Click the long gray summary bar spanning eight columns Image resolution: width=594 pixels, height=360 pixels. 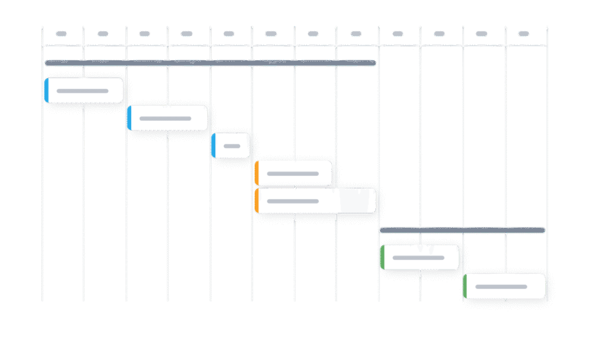210,63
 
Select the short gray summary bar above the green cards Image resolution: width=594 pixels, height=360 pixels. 462,230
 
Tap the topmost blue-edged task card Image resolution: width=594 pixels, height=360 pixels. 84,90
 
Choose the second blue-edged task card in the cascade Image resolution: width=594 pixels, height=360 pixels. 168,118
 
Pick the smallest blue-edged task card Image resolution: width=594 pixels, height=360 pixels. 231,146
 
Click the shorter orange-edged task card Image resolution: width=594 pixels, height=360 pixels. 294,173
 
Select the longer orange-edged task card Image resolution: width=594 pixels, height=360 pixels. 316,201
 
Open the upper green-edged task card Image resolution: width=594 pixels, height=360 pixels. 420,257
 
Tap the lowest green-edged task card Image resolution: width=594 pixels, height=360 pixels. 505,286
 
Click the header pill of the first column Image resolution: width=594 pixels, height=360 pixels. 61,34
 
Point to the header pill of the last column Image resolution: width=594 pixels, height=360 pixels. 524,34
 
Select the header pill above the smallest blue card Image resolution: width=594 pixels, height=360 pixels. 229,34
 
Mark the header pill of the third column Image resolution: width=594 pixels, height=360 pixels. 145,34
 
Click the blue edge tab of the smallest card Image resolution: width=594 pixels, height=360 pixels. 213,146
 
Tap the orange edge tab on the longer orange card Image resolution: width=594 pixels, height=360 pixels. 256,201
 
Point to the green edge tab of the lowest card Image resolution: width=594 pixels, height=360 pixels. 465,286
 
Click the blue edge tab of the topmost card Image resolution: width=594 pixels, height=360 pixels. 46,90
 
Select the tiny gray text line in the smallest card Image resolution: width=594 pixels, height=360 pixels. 232,146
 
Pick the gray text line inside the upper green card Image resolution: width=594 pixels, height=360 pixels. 418,257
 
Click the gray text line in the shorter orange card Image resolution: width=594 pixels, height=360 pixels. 293,174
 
